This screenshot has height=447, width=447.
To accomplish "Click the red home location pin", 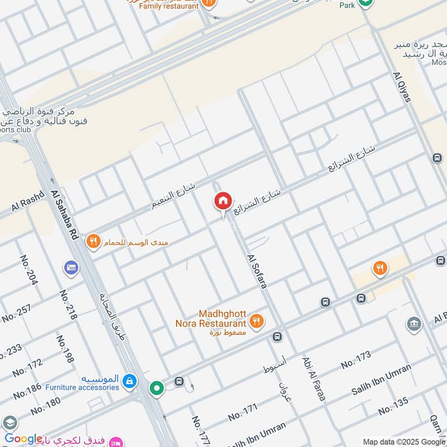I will pos(222,201).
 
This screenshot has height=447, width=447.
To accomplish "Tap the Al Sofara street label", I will pos(257,272).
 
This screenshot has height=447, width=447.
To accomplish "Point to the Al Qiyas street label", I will pos(402,87).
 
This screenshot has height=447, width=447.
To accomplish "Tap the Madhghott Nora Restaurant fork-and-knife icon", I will pos(257,321).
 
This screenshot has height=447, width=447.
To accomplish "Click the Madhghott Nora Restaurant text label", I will pos(222,318).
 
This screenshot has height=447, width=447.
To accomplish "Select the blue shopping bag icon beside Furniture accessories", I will pos(129,382).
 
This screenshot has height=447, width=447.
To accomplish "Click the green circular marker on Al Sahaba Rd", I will pos(156,387).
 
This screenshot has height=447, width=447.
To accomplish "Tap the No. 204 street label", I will pos(28,270).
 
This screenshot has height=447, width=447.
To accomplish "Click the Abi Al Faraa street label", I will pos(313,379).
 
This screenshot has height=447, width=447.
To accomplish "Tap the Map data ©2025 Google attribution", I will pos(403,441).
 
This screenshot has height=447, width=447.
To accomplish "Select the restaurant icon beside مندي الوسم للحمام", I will pos(93,242).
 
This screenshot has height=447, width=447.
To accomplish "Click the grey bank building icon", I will pos(414,325).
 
